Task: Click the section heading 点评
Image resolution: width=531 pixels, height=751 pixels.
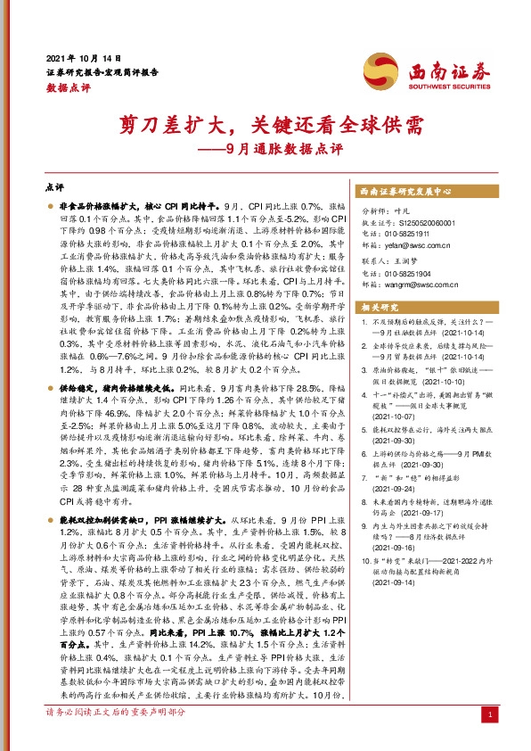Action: tap(54, 189)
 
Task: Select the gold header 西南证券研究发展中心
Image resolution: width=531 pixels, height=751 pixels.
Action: tap(407, 191)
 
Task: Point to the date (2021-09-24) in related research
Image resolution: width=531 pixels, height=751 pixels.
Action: tap(398, 490)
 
